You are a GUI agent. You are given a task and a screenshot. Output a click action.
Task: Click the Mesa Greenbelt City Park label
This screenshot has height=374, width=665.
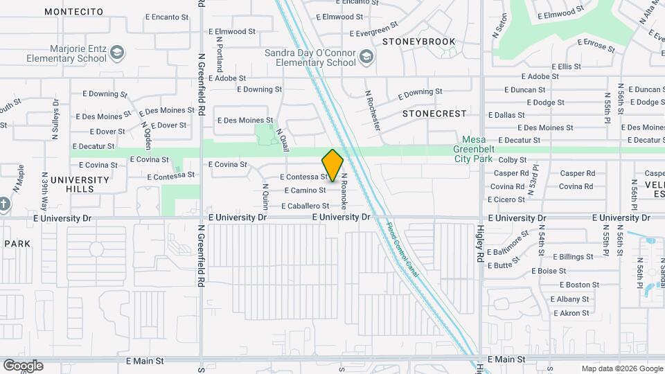click(482, 148)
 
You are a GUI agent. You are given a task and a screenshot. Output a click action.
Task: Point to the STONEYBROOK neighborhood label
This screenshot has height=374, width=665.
click(419, 42)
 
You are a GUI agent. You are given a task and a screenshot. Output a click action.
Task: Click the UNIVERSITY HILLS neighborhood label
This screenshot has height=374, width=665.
click(85, 184)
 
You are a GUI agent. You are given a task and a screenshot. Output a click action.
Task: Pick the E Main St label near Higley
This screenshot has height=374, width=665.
click(506, 359)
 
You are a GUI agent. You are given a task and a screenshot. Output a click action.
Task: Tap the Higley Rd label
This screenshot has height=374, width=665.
click(480, 242)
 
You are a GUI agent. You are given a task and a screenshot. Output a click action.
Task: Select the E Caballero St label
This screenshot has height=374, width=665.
click(305, 206)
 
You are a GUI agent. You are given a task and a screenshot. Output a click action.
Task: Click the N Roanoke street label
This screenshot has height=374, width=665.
click(343, 191)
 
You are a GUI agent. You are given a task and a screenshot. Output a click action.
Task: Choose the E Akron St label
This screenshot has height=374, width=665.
click(569, 313)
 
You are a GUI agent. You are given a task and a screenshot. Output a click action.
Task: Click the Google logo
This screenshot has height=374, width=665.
click(23, 366)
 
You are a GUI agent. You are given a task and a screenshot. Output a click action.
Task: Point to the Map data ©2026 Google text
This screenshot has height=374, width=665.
click(621, 368)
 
